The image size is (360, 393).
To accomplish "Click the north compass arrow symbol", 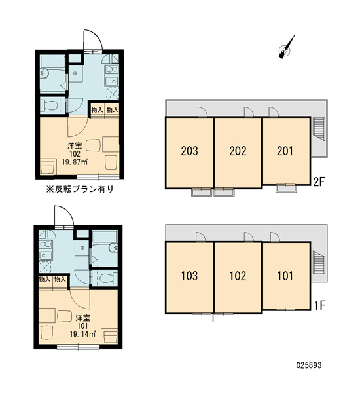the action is point(286,47).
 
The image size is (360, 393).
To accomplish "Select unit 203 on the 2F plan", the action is point(189,153).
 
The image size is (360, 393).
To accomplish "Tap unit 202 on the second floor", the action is point(238,153).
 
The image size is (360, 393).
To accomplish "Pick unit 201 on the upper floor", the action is point(286,151).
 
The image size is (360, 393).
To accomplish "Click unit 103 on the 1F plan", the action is point(189,278).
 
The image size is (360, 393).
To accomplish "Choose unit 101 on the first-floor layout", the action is point(286,276).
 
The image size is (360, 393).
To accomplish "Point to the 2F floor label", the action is point(319,182).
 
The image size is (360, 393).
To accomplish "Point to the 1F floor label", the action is point(319,305).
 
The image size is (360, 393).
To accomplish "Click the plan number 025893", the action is point(309,365).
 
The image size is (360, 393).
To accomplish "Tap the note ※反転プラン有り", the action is point(80,189).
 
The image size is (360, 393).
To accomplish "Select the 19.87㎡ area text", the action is point(75,162).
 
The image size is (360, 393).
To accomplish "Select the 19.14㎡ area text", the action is point(82,334).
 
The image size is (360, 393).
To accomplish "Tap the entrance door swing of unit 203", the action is point(202,112).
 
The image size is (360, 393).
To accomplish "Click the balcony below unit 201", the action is point(286,188).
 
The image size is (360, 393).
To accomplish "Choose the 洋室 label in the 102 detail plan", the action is point(75,146).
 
